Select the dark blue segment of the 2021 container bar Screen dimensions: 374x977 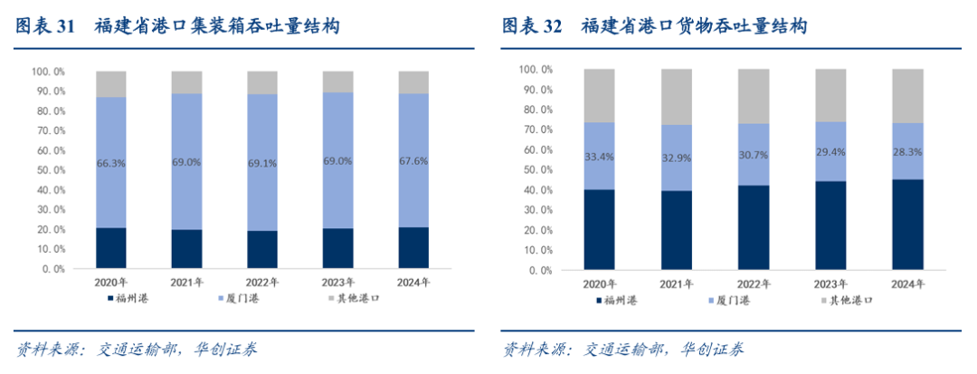pos(186,249)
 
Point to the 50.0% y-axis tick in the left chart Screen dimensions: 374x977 pos(49,169)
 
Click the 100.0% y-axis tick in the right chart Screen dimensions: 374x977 pos(536,70)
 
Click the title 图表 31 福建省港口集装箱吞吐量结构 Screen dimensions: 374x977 pos(176,27)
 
